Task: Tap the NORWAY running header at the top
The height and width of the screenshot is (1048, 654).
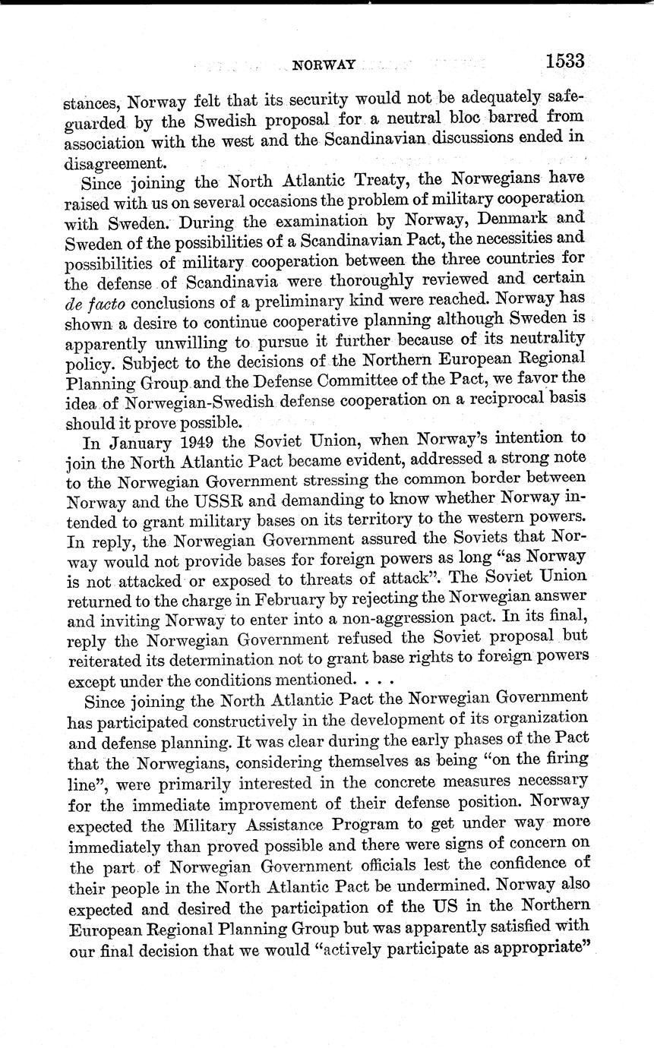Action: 324,65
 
